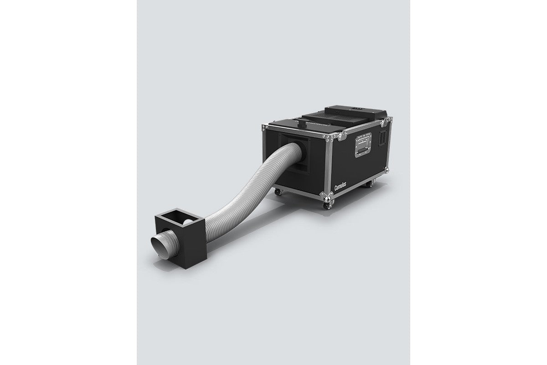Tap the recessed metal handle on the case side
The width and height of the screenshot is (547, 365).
point(363,145)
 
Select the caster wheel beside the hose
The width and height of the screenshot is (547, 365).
point(278,192)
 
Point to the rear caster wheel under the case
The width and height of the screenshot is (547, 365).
point(369,184)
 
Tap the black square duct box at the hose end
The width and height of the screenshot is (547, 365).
point(180,238)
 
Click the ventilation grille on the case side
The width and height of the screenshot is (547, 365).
point(382,138)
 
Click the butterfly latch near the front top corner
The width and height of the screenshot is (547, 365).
point(341,136)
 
